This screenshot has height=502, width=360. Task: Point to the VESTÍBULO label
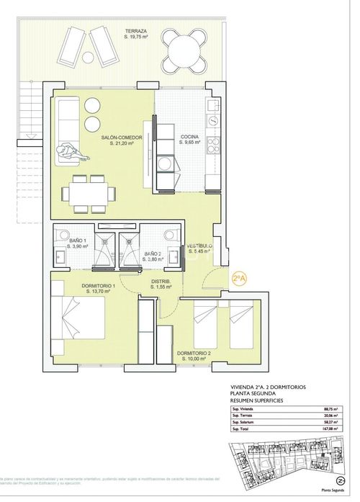coord(199,249)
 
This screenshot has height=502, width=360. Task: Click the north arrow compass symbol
coord(339,480)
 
